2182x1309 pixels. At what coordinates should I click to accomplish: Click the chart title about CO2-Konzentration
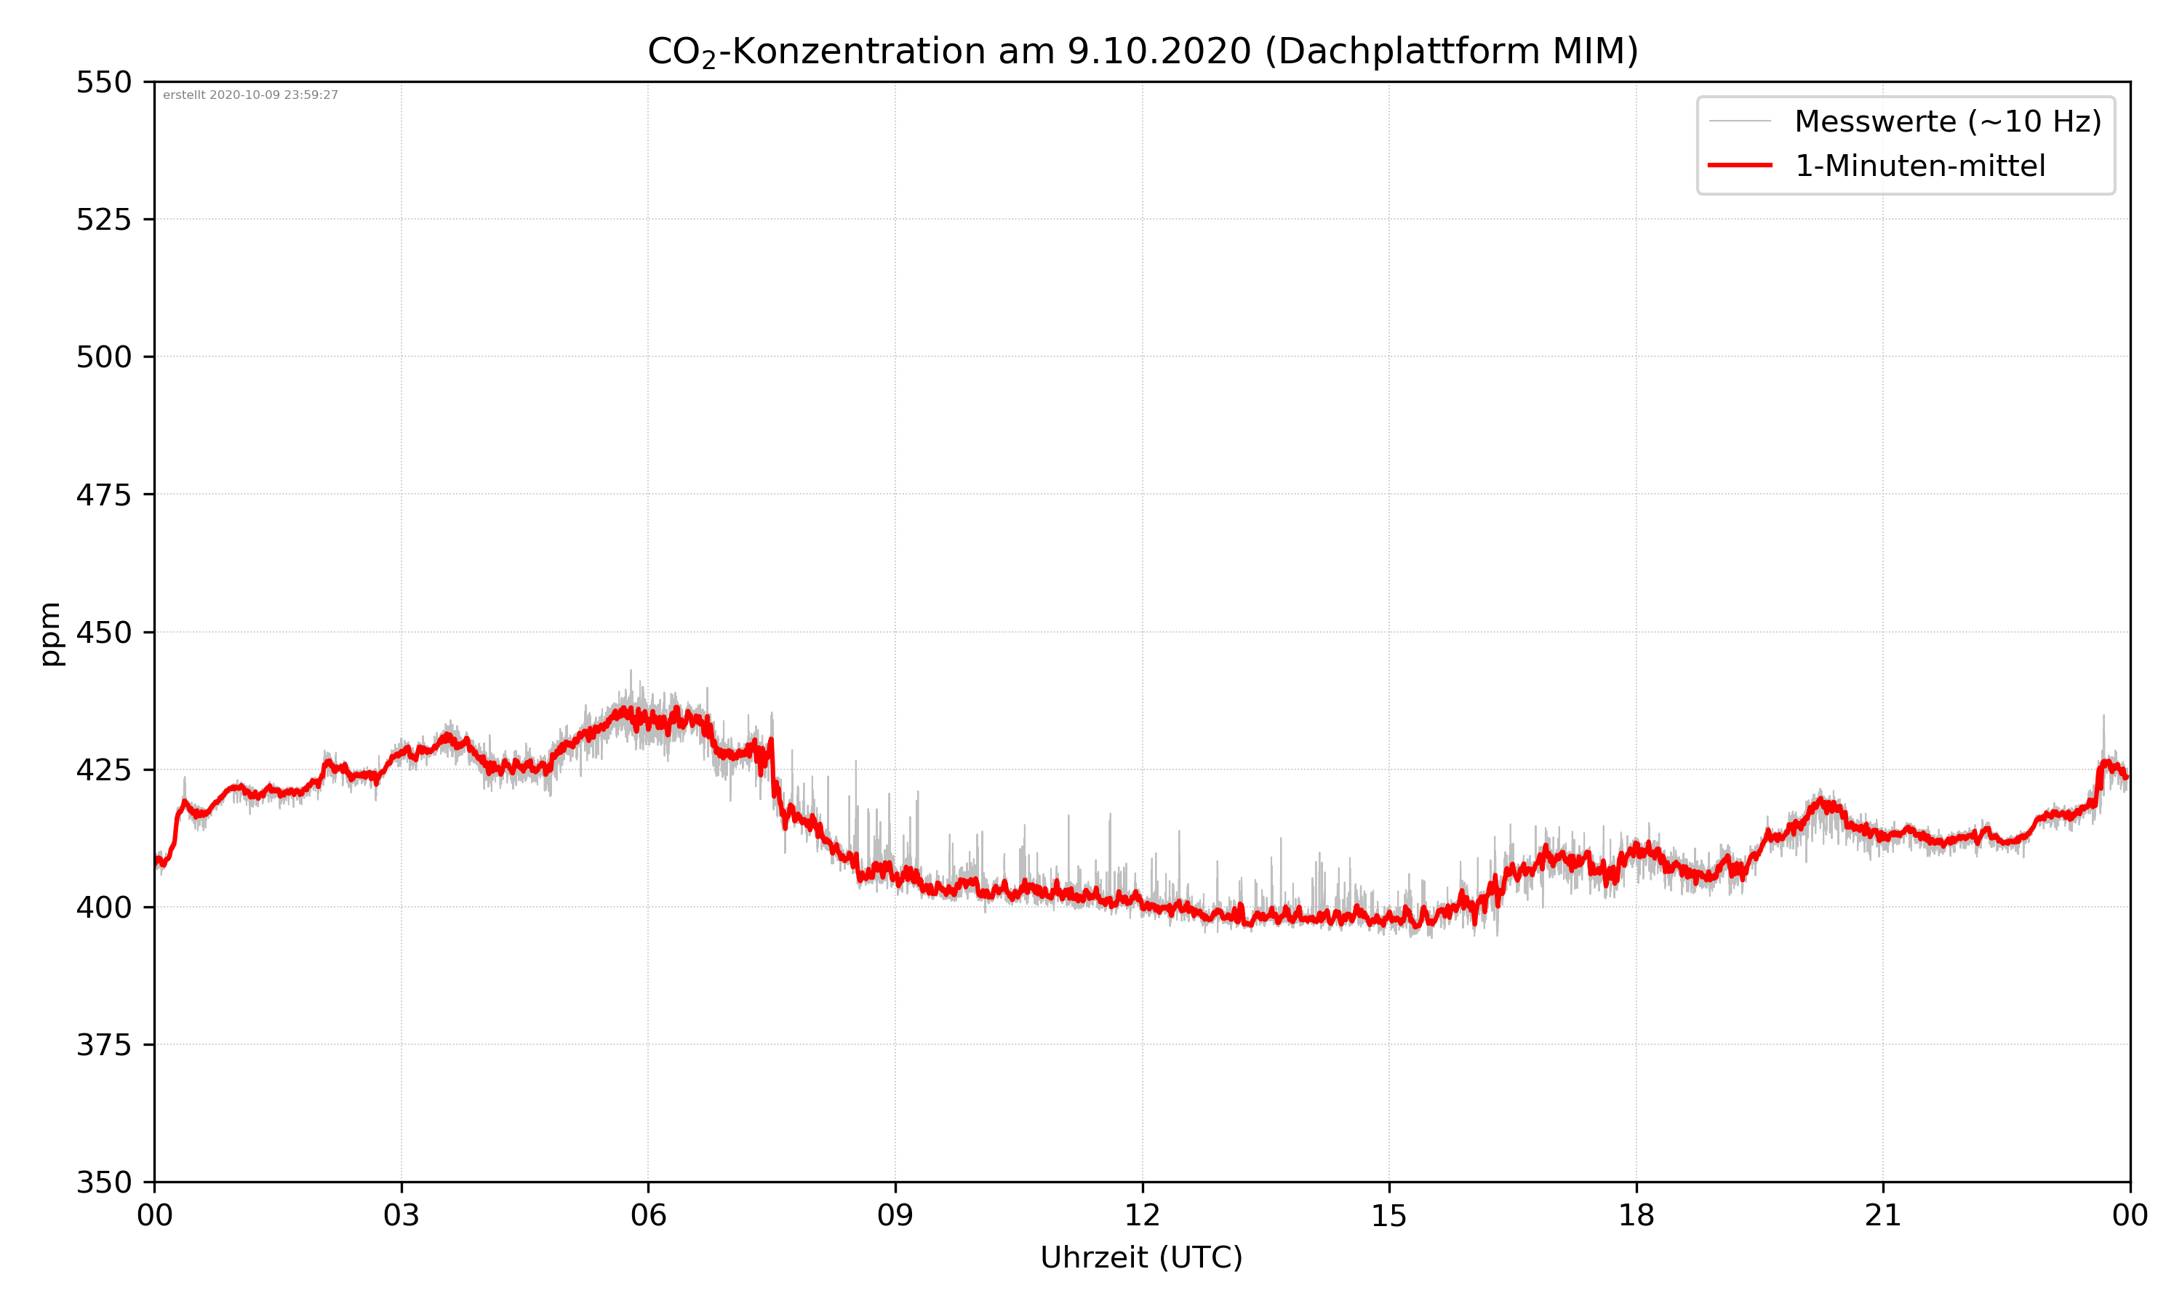(1142, 51)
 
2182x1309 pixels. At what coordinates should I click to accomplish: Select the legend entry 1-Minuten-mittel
(1919, 166)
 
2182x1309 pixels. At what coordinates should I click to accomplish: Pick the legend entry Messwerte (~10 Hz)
(1947, 121)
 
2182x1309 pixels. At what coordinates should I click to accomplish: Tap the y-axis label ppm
(50, 633)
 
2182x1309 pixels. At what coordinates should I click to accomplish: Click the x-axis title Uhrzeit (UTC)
(1141, 1257)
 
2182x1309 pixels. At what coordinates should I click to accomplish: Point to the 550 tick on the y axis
(103, 83)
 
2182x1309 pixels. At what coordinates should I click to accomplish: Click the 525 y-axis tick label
(103, 220)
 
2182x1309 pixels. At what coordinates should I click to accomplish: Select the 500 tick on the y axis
(103, 357)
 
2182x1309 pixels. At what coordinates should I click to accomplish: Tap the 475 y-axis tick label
(103, 495)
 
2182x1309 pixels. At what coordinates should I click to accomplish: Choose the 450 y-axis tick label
(103, 633)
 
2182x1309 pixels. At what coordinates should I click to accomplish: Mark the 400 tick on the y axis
(103, 908)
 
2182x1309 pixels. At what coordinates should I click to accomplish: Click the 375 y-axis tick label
(103, 1045)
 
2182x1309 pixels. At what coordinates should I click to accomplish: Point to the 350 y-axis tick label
(103, 1183)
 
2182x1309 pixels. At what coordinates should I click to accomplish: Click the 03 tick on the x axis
(401, 1215)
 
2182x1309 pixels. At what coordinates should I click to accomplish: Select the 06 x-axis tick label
(648, 1215)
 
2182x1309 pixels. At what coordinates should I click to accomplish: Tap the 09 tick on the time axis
(895, 1215)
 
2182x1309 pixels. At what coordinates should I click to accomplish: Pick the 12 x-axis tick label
(1142, 1215)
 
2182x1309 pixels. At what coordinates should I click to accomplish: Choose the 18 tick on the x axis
(1636, 1215)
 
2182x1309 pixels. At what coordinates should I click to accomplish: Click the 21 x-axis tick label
(1883, 1215)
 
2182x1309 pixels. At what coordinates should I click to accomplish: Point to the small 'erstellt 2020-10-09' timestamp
(250, 95)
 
